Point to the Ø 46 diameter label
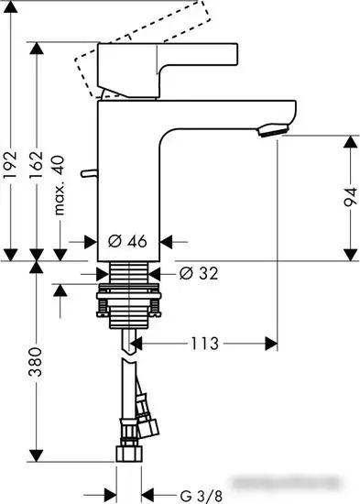tap(127, 242)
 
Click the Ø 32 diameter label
tap(193, 273)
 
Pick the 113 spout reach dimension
tap(205, 344)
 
